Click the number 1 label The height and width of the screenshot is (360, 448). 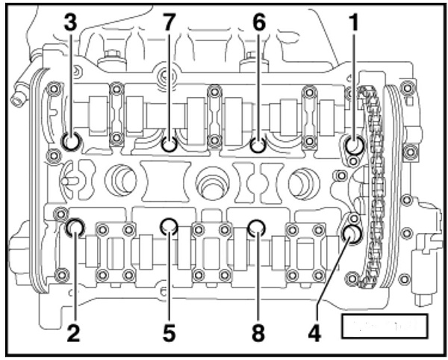(x=353, y=23)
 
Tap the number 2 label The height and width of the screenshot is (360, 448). (x=72, y=333)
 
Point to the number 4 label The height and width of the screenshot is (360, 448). (x=315, y=333)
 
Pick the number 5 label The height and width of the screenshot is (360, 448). (x=169, y=333)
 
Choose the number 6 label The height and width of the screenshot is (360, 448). (x=259, y=23)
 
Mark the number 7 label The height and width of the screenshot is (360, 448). (x=169, y=23)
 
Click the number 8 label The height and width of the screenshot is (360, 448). (x=258, y=333)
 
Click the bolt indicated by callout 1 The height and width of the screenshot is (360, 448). (x=352, y=144)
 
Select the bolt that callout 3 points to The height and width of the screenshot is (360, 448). (x=72, y=142)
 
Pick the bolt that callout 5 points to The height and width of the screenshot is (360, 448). (x=169, y=225)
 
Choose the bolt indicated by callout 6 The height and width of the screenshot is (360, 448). (x=258, y=143)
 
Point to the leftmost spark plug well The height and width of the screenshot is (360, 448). (x=119, y=179)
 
